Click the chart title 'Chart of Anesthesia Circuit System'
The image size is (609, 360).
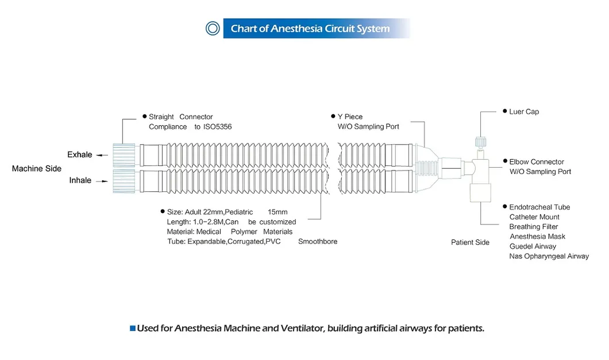click(x=310, y=29)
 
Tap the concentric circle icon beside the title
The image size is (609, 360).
click(x=213, y=28)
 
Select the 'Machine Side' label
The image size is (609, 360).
click(x=37, y=169)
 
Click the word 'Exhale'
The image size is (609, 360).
click(x=79, y=154)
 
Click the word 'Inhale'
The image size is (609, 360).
click(x=80, y=180)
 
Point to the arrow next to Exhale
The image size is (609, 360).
click(x=102, y=155)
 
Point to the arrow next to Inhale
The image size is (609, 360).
click(x=102, y=181)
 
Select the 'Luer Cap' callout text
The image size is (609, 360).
click(x=524, y=112)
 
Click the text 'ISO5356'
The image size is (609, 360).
click(x=217, y=126)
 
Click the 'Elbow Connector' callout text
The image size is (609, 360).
click(x=537, y=162)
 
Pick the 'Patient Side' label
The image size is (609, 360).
click(x=470, y=242)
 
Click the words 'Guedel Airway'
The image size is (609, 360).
click(x=533, y=246)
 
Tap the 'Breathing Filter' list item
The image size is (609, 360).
click(x=533, y=227)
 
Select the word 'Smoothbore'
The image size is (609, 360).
click(x=317, y=242)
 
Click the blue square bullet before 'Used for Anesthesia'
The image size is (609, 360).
click(x=133, y=329)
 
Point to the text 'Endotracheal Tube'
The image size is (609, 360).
click(x=539, y=207)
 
